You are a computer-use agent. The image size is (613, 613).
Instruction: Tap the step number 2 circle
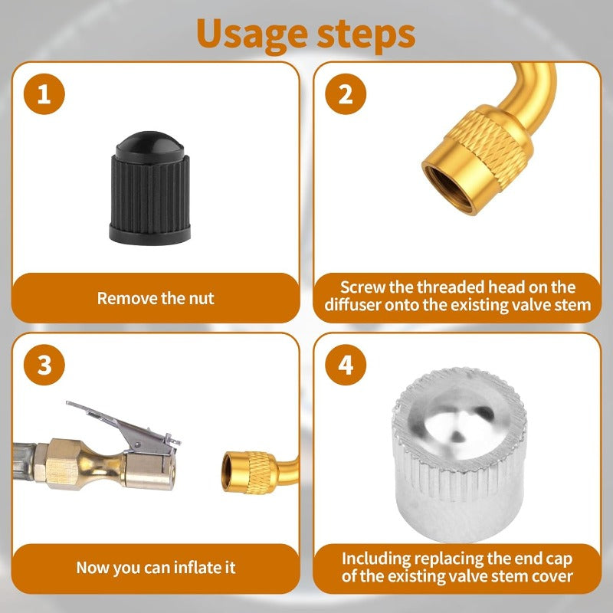(346, 95)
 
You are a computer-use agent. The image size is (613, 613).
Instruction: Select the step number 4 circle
(346, 365)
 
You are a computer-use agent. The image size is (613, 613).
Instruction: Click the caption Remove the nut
(156, 298)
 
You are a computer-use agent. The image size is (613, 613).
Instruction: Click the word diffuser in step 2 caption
(367, 306)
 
